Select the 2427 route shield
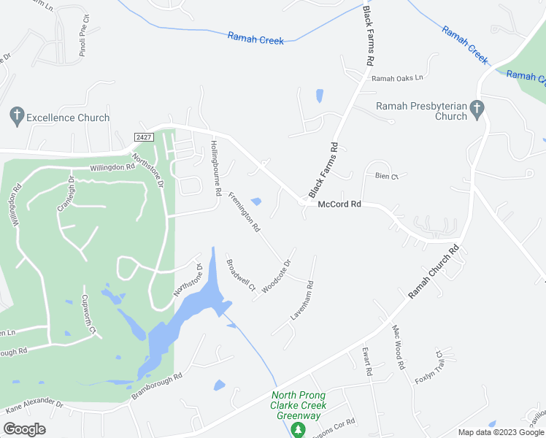(x=145, y=137)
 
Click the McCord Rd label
(x=339, y=205)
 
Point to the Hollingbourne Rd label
(x=215, y=169)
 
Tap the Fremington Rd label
(x=245, y=212)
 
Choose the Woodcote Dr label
(x=277, y=276)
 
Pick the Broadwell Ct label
(x=240, y=275)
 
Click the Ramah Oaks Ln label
(x=397, y=78)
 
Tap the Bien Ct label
(x=386, y=177)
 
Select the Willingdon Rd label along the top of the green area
(x=113, y=166)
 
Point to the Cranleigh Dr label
(x=66, y=193)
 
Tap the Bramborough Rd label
(x=156, y=385)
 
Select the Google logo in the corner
(x=24, y=429)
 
